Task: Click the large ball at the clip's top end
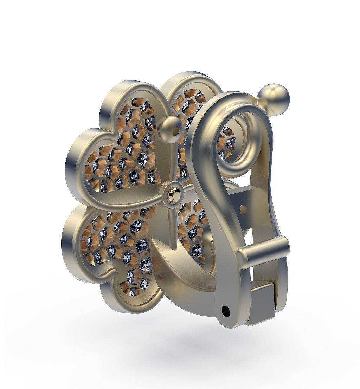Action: pyautogui.click(x=274, y=99)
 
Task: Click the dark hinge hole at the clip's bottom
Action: pyautogui.click(x=226, y=311)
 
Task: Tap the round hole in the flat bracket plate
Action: pyautogui.click(x=243, y=210)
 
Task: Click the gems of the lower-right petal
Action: pyautogui.click(x=193, y=232)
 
